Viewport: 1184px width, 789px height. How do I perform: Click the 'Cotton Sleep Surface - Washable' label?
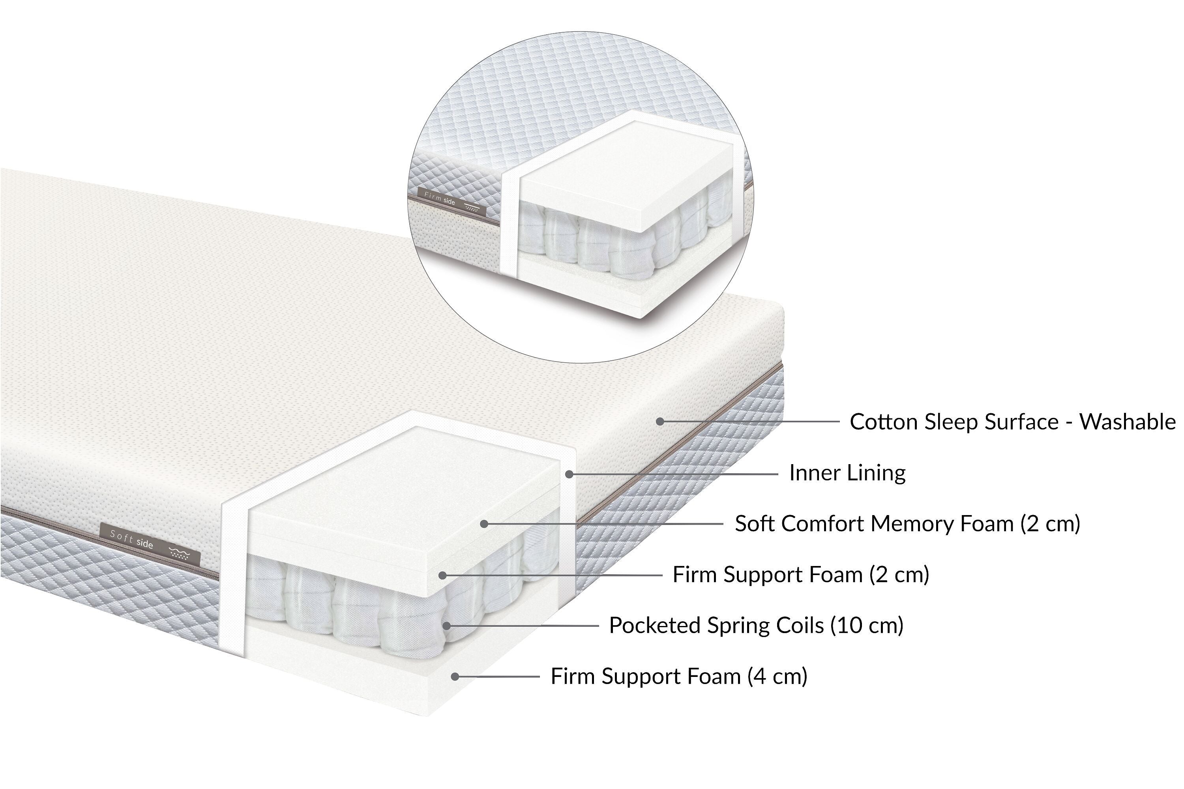tap(1012, 422)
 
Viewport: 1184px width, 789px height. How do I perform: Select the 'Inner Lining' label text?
tap(847, 473)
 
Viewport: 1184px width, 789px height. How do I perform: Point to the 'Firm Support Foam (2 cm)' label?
tap(800, 575)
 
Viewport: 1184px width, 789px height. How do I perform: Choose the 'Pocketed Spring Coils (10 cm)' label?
tap(756, 626)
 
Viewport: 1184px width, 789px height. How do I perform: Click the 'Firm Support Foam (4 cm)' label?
tap(678, 676)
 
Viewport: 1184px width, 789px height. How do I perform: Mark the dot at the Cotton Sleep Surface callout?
tap(660, 422)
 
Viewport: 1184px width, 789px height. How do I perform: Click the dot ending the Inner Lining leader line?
tap(569, 474)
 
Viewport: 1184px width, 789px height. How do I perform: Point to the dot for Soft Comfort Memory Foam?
tap(484, 524)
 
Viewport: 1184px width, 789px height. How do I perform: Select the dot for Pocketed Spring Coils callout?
tap(446, 626)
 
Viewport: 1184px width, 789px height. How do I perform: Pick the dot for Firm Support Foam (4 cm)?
tap(455, 677)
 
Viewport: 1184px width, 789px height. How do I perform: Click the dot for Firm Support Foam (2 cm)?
tap(442, 575)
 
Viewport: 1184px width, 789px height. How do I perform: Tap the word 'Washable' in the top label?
tap(1127, 422)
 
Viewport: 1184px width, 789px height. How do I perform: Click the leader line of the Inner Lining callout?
tap(674, 474)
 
